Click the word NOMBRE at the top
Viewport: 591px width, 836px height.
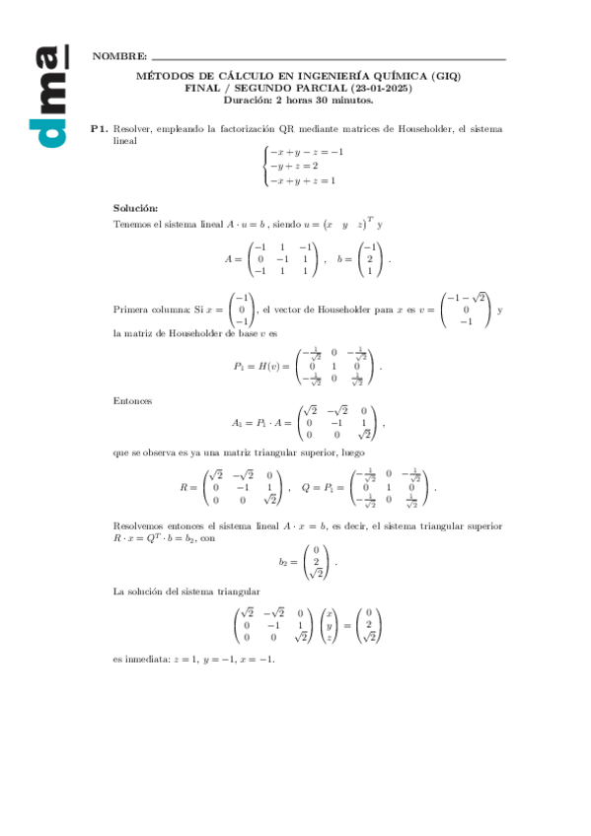pos(119,58)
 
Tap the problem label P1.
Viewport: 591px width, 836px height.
pos(98,128)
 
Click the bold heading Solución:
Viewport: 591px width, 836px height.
pos(135,208)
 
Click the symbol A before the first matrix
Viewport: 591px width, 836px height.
pos(228,258)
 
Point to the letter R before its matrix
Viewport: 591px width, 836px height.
pos(184,487)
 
